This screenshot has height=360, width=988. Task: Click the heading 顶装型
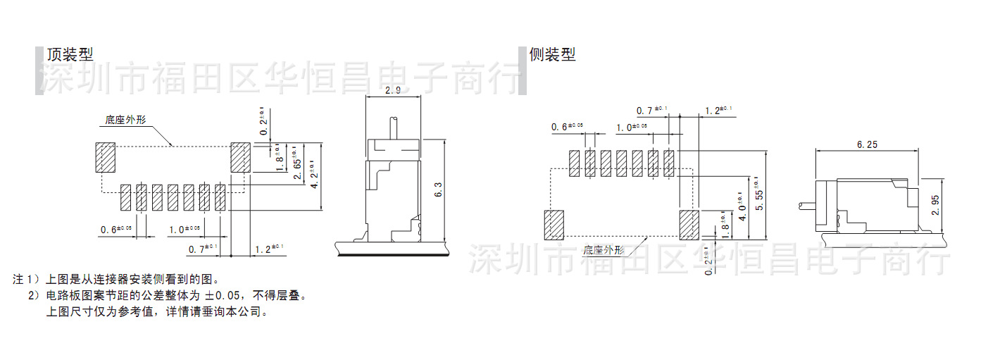[70, 54]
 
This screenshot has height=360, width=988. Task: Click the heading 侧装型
[552, 54]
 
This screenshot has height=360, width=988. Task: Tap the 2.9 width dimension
[393, 91]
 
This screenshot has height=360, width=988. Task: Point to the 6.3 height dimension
[438, 189]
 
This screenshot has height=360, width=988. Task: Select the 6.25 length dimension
[867, 144]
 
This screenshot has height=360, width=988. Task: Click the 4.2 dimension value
[315, 176]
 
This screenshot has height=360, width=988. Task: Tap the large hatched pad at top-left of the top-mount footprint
[105, 158]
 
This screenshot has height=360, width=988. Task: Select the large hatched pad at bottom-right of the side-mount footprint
[688, 223]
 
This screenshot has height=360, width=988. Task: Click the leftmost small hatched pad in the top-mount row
[126, 197]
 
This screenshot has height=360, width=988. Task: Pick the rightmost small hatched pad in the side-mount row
[668, 163]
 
